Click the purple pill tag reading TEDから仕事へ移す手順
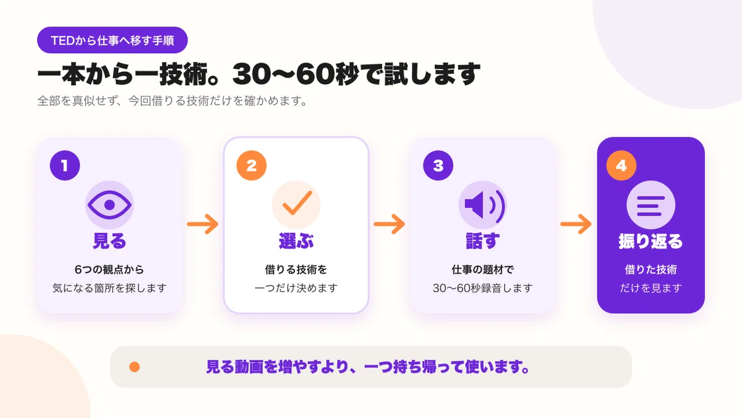[x=113, y=40]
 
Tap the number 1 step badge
[x=65, y=165]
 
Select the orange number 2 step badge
[x=252, y=165]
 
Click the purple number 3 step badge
[x=438, y=165]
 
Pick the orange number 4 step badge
[x=621, y=165]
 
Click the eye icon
[x=109, y=205]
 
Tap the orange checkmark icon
[x=297, y=202]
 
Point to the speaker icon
[x=485, y=205]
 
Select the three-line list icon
[x=651, y=206]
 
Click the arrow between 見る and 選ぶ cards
[x=203, y=224]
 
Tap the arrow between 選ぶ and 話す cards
[x=389, y=224]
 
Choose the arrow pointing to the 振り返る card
[x=576, y=224]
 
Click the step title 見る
[x=109, y=241]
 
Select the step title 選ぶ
[x=296, y=241]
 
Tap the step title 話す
[x=483, y=241]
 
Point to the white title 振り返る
[x=651, y=241]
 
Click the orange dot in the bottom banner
[x=135, y=367]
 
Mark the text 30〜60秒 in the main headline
[x=296, y=74]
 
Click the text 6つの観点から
[x=109, y=270]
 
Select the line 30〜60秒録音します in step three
[x=483, y=288]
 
